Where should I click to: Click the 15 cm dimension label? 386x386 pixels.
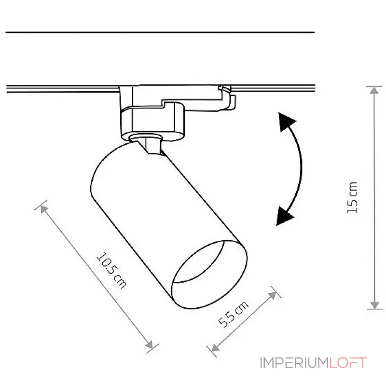click(x=352, y=198)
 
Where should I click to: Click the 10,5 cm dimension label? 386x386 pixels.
click(x=112, y=270)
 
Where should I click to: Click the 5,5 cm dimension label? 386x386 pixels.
click(x=234, y=315)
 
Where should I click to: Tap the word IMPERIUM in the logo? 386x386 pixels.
click(x=294, y=363)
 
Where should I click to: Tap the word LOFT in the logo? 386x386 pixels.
click(x=348, y=363)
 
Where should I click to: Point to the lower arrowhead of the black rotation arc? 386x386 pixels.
click(x=284, y=216)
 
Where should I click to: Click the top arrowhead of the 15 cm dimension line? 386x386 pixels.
click(x=374, y=91)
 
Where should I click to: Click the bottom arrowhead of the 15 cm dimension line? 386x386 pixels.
click(x=374, y=305)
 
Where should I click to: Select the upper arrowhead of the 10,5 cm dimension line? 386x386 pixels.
click(x=44, y=209)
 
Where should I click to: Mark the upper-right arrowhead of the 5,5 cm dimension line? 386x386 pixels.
click(x=272, y=295)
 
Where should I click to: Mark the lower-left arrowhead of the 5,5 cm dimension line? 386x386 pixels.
click(x=215, y=347)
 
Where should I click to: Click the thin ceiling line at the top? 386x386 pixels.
click(x=160, y=32)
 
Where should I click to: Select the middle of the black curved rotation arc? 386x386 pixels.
click(x=300, y=167)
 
